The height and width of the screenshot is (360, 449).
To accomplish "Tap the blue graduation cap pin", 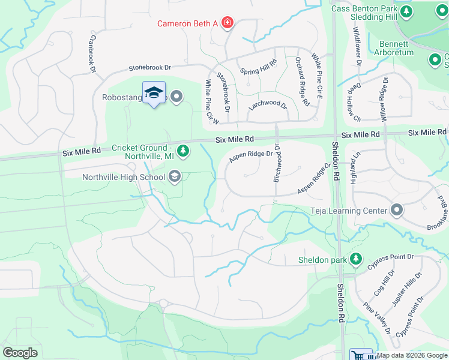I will (154, 92).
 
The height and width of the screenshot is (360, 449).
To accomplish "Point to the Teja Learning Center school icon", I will (396, 210).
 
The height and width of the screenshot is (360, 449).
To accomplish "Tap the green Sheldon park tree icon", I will (357, 259).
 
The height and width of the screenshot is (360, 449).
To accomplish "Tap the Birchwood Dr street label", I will (277, 163).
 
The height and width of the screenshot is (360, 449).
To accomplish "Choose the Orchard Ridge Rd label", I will (303, 82).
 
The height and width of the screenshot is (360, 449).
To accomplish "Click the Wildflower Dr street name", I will (357, 46).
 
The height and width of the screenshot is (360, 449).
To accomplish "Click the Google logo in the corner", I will (20, 352).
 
